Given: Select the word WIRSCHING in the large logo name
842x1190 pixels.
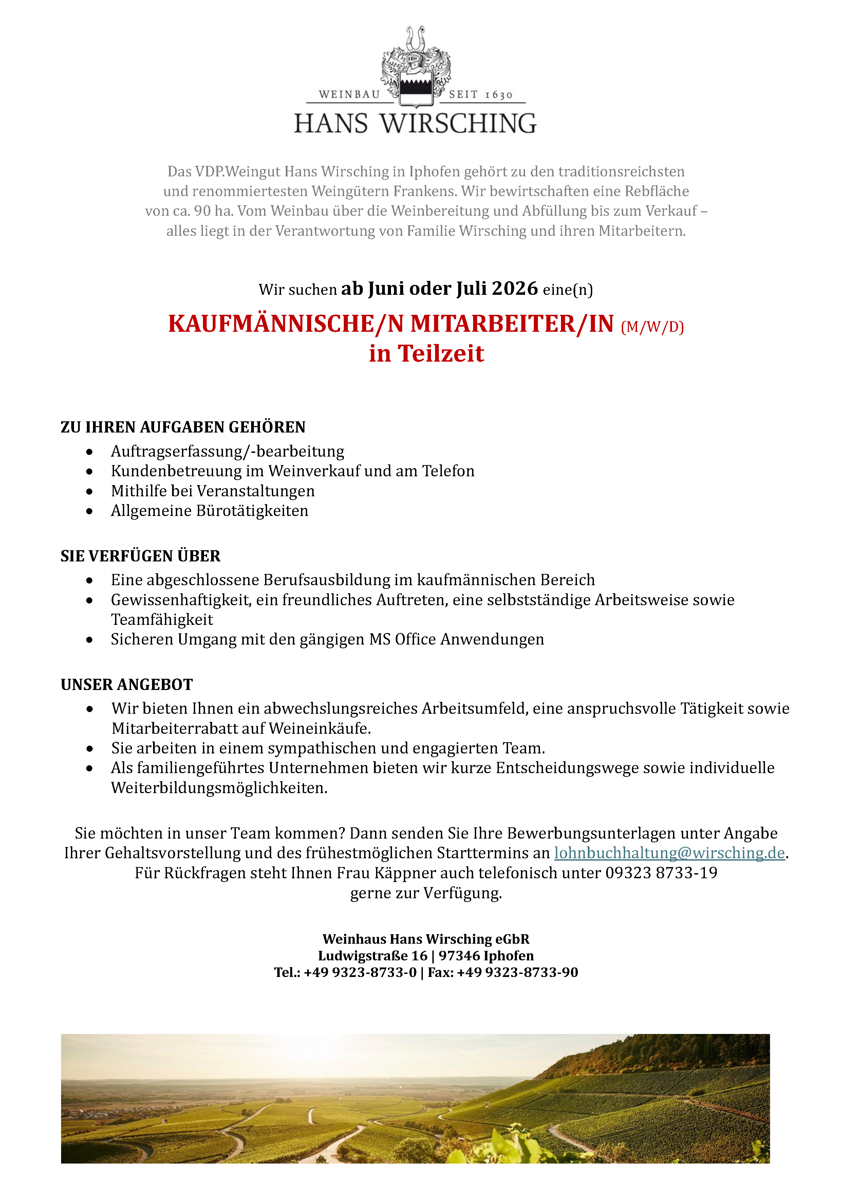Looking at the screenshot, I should click(459, 124).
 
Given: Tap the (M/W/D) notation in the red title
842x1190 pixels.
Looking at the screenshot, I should click(652, 327).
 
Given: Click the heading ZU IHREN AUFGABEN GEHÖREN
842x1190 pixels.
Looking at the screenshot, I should click(183, 427).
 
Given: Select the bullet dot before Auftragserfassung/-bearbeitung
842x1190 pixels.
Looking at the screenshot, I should click(90, 452).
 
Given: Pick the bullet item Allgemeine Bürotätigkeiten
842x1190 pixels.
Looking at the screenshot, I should click(209, 511).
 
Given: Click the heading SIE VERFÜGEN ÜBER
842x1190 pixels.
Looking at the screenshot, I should click(141, 556).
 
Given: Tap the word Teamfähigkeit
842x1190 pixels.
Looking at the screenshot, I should click(162, 619).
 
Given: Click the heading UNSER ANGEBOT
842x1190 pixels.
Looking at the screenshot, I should click(127, 684).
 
